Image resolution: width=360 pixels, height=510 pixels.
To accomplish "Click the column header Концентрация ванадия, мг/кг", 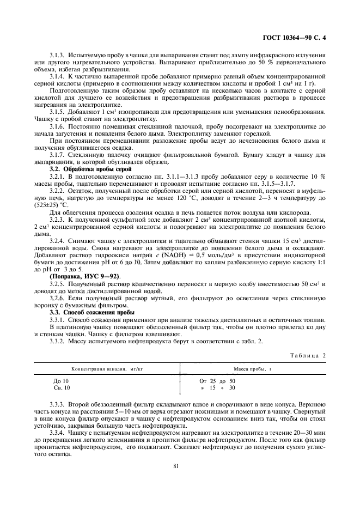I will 107,369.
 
